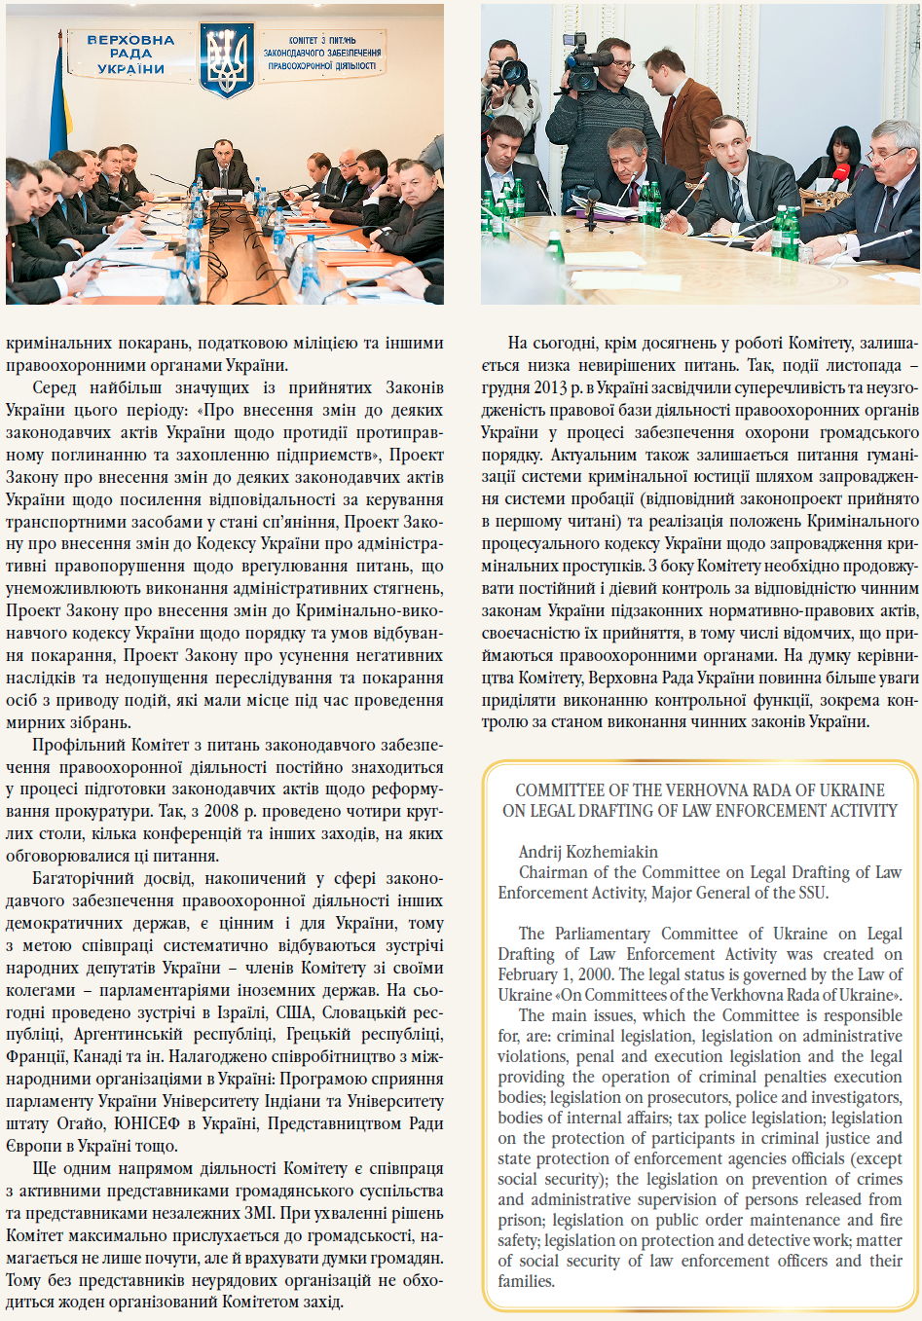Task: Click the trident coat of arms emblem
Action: pyautogui.click(x=227, y=60)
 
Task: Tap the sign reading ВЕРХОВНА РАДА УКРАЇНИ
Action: pyautogui.click(x=130, y=55)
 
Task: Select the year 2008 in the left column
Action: pyautogui.click(x=225, y=811)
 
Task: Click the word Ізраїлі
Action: pyautogui.click(x=243, y=1012)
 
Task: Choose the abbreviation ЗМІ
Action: pyautogui.click(x=301, y=1213)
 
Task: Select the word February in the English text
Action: pyautogui.click(x=532, y=974)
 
